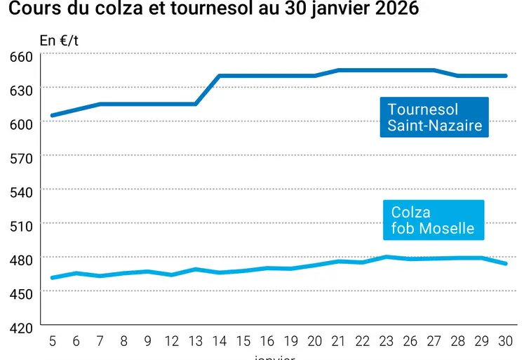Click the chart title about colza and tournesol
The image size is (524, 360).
pos(214,10)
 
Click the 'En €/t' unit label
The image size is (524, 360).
pos(59,40)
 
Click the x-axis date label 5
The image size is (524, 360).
pos(53,341)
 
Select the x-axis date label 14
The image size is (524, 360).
pos(220,341)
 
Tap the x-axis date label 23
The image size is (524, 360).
pos(387,341)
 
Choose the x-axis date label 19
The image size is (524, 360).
pos(291,341)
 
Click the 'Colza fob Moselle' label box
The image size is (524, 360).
pos(433,220)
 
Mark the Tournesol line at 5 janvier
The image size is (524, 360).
pos(53,115)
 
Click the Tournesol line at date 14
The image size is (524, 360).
pos(220,76)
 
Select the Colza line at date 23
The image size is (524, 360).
pos(387,257)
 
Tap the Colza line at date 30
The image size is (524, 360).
pos(505,263)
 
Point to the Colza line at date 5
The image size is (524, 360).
pos(53,277)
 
